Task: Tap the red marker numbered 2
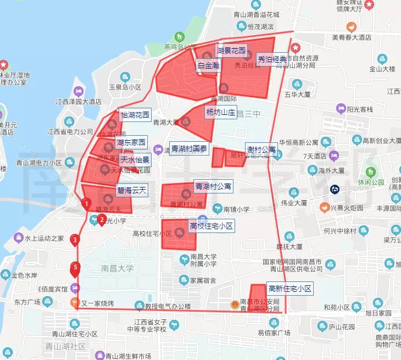(x=102, y=220)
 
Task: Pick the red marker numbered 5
(x=75, y=268)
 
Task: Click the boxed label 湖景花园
(x=231, y=51)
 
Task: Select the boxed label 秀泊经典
(x=272, y=59)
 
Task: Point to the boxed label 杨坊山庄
(x=220, y=113)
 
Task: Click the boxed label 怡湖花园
(x=135, y=115)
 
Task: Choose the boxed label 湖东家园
(x=131, y=143)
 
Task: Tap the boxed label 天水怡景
(x=135, y=160)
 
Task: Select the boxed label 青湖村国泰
(x=189, y=148)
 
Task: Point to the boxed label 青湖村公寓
(x=213, y=187)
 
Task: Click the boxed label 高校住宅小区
(x=211, y=226)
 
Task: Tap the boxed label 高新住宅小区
(x=289, y=289)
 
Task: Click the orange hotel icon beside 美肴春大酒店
(x=350, y=26)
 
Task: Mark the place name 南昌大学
(x=118, y=269)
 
